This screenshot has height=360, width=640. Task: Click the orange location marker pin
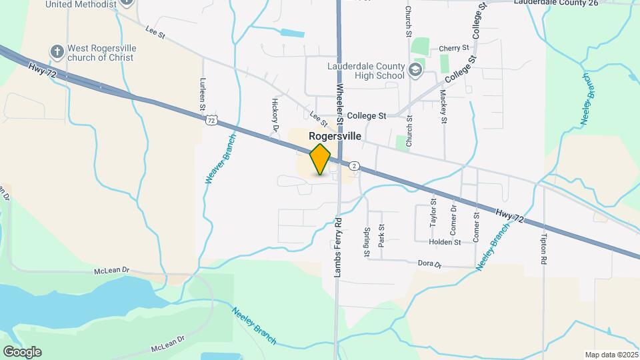(x=320, y=159)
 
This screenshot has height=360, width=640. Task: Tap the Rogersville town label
(x=335, y=136)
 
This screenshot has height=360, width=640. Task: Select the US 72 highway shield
(x=211, y=119)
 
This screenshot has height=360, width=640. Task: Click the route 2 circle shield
(x=355, y=165)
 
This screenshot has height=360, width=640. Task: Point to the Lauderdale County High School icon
(x=415, y=70)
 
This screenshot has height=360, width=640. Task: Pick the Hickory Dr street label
(x=275, y=114)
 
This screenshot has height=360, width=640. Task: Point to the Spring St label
(x=367, y=242)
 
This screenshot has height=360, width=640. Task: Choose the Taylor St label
(x=433, y=210)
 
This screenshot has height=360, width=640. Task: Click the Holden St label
(x=445, y=242)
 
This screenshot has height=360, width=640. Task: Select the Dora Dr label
(x=429, y=265)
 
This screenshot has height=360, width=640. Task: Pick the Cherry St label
(x=454, y=49)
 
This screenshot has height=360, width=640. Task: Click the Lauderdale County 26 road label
(x=557, y=3)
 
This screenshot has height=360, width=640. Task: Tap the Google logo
(x=22, y=352)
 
